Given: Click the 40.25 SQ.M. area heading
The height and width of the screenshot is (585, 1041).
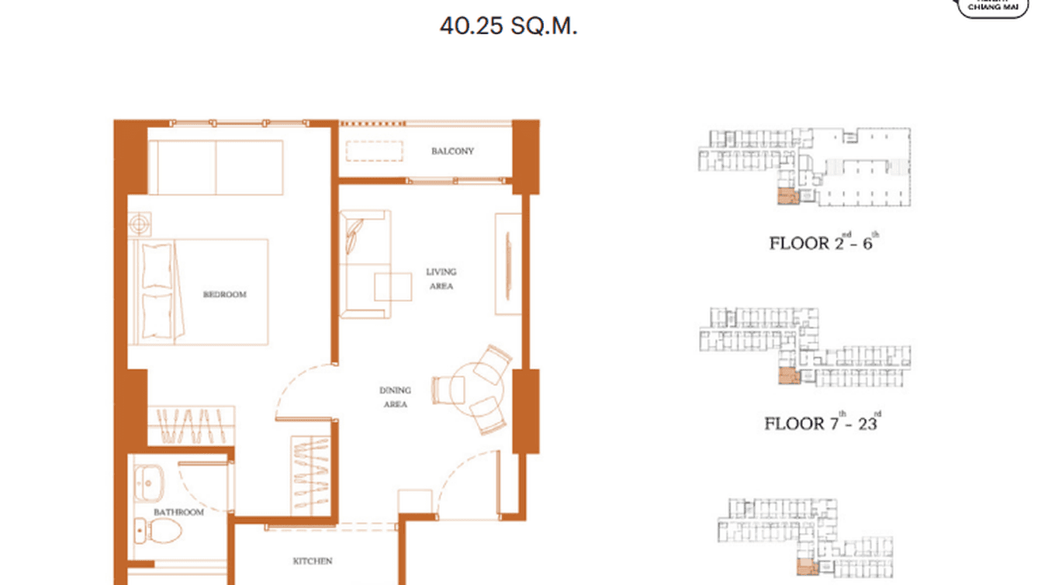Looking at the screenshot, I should [x=508, y=26].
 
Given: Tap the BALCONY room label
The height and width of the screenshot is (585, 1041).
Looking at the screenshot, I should [x=452, y=151].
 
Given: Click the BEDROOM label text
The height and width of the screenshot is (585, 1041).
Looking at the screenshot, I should [x=224, y=295].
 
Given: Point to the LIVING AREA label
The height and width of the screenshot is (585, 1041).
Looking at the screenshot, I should [x=441, y=279].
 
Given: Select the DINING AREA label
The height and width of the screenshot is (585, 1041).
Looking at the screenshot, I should [x=395, y=397].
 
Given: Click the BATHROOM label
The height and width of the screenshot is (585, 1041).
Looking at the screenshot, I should [x=178, y=513].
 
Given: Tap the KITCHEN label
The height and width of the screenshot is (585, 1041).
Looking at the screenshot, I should [x=313, y=561].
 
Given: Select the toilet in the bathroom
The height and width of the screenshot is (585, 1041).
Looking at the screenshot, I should [x=159, y=531].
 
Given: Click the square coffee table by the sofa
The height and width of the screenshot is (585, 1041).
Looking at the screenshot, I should [x=393, y=286].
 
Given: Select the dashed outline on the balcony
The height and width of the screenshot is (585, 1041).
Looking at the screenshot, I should [x=375, y=151].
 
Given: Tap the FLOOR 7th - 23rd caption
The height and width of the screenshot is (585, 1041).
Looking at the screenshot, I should [x=822, y=423].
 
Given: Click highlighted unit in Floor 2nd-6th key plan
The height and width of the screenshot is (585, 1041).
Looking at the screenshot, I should [x=787, y=196].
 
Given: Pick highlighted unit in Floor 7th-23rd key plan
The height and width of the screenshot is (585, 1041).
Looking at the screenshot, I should [x=787, y=377].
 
